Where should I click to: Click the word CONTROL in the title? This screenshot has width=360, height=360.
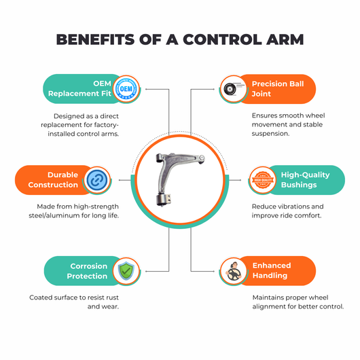[222, 39]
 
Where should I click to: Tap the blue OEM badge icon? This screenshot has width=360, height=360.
[126, 88]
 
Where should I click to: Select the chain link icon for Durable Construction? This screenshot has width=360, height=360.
[97, 180]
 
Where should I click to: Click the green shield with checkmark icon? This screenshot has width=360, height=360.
[126, 271]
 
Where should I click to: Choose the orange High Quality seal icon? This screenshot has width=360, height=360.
[262, 180]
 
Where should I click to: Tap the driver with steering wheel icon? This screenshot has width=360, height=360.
[234, 272]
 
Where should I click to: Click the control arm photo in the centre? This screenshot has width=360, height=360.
[180, 179]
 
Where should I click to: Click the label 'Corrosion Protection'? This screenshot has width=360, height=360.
[87, 271]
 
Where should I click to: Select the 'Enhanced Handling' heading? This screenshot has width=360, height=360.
[272, 270]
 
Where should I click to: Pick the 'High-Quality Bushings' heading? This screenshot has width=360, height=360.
[306, 180]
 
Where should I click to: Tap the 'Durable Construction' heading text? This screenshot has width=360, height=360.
[53, 180]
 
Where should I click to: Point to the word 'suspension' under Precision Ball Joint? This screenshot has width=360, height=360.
[270, 133]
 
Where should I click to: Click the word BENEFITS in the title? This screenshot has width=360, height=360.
[95, 39]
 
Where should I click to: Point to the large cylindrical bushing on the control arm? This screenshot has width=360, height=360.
[164, 199]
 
